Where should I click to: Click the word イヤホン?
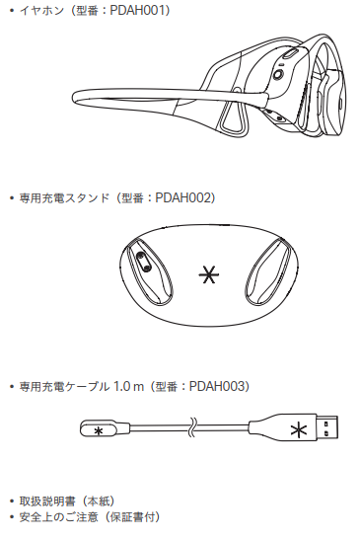point(37,10)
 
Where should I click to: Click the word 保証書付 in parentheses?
point(133,516)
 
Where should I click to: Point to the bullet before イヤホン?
point(12,10)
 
